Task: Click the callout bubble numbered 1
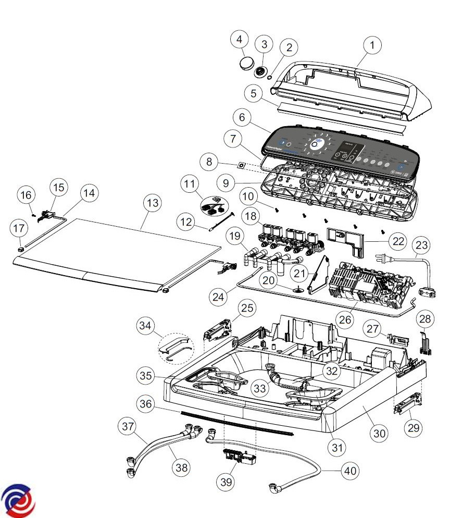(372, 45)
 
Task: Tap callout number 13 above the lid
(152, 203)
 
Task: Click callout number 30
(380, 433)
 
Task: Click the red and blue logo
(19, 500)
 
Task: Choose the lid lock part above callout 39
(239, 457)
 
